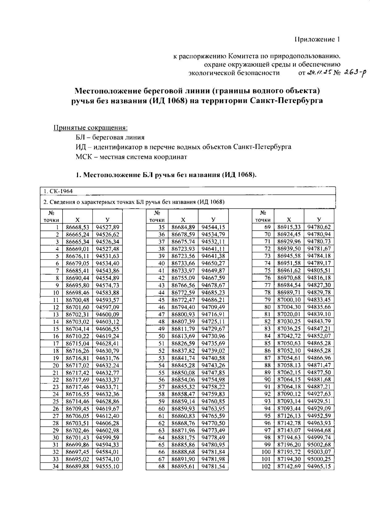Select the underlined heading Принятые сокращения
point(91,128)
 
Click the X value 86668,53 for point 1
point(77,227)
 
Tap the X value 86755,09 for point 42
point(183,278)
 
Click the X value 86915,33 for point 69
point(289,227)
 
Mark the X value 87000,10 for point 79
point(289,300)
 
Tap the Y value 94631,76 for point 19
point(107,358)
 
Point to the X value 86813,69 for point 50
point(183,336)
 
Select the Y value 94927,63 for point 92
point(319,394)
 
